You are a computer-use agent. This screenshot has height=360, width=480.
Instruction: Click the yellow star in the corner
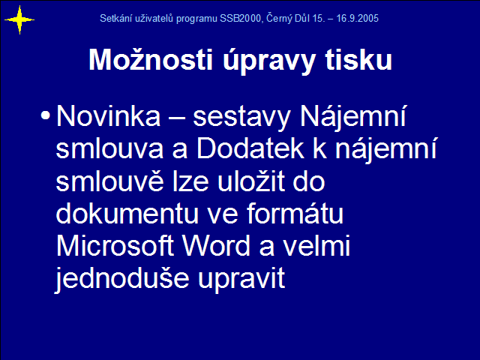pos(19,20)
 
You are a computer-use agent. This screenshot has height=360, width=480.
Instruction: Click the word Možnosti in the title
pos(151,59)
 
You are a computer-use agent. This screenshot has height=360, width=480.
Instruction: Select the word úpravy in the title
pos(268,61)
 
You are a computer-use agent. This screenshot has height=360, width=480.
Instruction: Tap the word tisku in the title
pos(358,59)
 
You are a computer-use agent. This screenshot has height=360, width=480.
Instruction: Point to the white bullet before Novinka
pos(45,115)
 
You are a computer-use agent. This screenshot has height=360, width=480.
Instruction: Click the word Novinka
pos(108,115)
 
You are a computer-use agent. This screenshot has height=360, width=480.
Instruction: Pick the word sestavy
pos(241,118)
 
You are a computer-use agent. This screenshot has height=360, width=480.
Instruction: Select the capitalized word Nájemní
pos(353,117)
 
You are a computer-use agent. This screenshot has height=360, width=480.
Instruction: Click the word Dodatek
pos(250,148)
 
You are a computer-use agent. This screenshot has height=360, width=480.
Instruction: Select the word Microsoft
pos(115,246)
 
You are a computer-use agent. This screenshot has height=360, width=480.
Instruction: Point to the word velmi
pos(316,246)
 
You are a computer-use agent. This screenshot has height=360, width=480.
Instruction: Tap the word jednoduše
pos(121,278)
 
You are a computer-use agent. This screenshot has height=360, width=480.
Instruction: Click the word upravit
pos(241,280)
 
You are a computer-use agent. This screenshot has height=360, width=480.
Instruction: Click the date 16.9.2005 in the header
pos(357,18)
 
